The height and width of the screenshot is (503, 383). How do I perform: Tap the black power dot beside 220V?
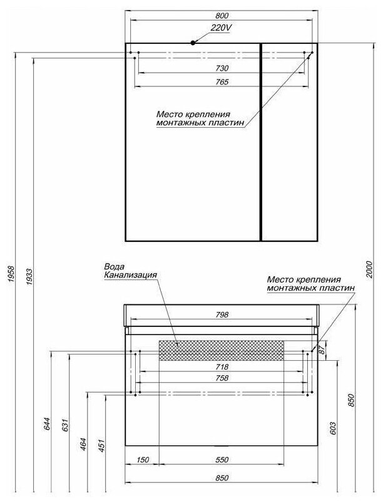pos(193,43)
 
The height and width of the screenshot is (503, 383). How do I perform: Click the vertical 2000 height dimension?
pos(369,269)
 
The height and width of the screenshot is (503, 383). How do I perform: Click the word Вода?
pos(113,266)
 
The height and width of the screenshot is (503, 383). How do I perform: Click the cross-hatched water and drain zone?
pos(222,350)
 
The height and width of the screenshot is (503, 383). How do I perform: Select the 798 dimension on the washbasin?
pos(223,314)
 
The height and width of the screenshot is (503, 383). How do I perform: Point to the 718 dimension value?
pos(223,367)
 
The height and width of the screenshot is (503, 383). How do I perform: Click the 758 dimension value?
pos(223,378)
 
